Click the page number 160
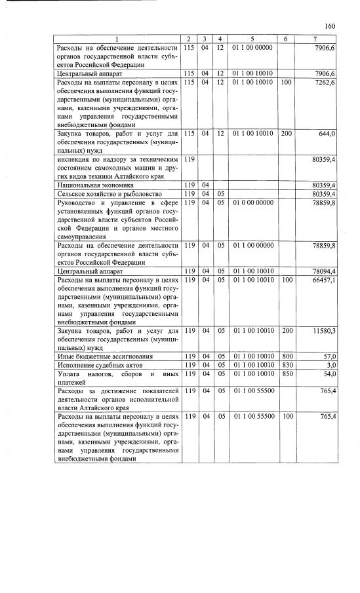[x=329, y=26]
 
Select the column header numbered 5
[x=252, y=39]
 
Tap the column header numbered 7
[x=315, y=39]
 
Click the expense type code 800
[x=286, y=356]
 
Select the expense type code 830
[x=286, y=364]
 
